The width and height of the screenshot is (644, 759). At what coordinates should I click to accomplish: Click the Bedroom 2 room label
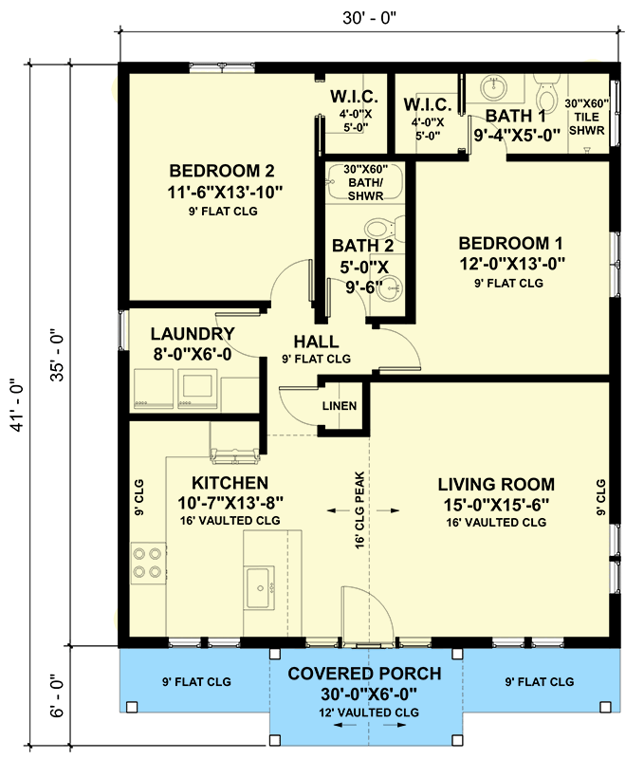pos(221,172)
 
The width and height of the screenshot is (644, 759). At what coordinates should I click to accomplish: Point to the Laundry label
pos(193,334)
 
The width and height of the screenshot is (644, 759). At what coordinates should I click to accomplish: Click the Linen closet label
pos(340,406)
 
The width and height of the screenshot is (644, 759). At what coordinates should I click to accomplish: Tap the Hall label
pos(316,342)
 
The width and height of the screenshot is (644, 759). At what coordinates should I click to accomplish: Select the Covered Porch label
pos(364,674)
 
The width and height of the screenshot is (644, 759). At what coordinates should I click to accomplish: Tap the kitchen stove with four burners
pos(147,561)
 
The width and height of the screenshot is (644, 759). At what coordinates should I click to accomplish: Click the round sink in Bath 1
pos(493,87)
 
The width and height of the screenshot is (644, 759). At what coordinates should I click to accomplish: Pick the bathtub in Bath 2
pos(364,182)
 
